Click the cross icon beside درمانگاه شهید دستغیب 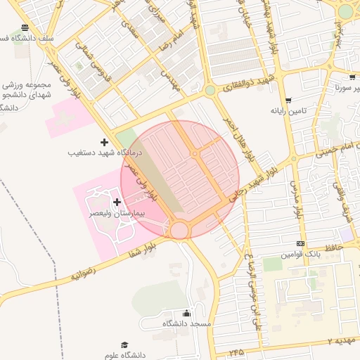tap(105, 143)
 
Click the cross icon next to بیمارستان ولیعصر tap(116, 202)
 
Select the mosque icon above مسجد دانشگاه tap(186, 314)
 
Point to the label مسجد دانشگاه tap(186, 323)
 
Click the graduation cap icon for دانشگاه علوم tap(124, 345)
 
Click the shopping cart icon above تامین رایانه tap(288, 101)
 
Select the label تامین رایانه tap(288, 111)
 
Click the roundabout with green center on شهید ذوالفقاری tap(210, 90)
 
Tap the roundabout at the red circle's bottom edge tap(179, 230)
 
